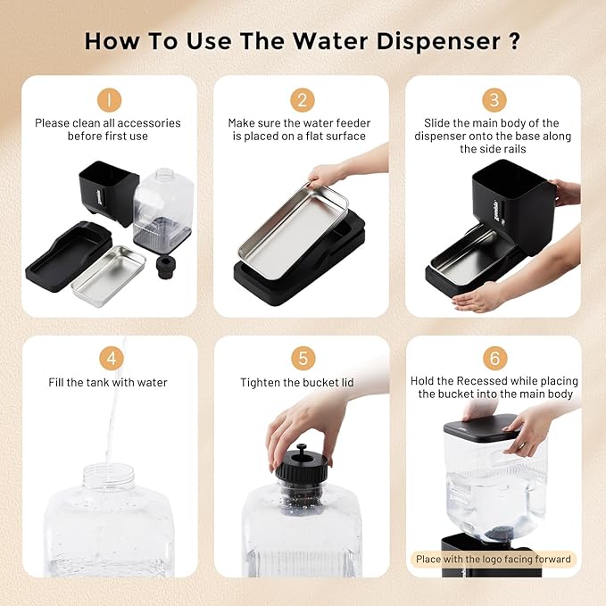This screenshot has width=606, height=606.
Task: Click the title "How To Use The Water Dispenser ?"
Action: (303, 41)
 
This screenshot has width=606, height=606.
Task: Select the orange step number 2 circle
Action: (303, 100)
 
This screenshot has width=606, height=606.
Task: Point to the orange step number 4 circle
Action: (110, 359)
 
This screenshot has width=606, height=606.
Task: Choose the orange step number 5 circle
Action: (303, 359)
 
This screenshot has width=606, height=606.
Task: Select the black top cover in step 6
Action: (481, 427)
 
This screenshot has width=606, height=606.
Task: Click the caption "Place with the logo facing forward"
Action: (495, 560)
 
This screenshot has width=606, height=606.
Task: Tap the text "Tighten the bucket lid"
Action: (297, 383)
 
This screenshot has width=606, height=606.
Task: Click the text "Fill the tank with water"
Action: (108, 383)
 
